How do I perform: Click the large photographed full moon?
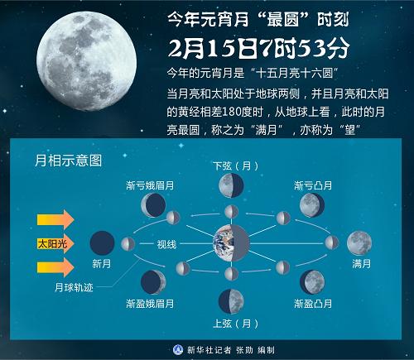click(86, 61)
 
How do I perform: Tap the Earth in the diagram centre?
click(231, 243)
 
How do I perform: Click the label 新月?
click(102, 264)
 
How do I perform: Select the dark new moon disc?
click(102, 243)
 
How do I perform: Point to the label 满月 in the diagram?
click(361, 264)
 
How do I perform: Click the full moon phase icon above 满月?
click(359, 243)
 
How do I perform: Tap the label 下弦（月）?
click(235, 166)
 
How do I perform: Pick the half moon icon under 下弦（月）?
click(231, 185)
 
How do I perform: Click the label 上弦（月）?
click(235, 324)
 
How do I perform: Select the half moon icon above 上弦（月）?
click(231, 301)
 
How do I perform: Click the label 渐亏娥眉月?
click(150, 185)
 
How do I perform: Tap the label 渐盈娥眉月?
click(150, 304)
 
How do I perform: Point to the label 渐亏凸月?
click(313, 185)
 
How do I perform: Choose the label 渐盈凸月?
click(313, 304)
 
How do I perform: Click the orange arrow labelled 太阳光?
click(55, 243)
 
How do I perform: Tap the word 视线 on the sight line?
click(166, 244)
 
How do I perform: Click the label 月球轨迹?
click(74, 287)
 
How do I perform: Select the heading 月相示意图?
click(68, 161)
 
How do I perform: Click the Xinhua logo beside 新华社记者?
click(178, 350)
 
